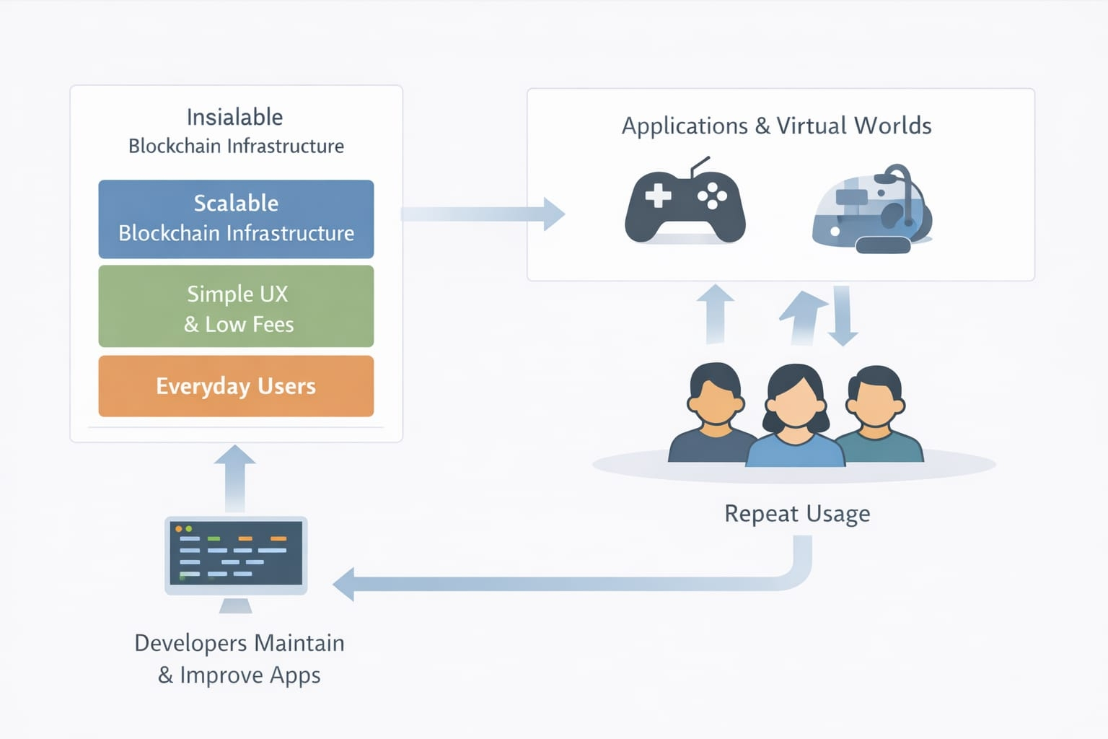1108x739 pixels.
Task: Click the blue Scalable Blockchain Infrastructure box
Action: pyautogui.click(x=236, y=219)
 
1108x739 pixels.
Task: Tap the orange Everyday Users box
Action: pyautogui.click(x=236, y=386)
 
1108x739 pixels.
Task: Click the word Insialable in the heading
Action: pyautogui.click(x=234, y=117)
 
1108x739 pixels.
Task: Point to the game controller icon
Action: pyautogui.click(x=685, y=205)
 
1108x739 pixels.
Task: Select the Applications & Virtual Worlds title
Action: pyautogui.click(x=776, y=126)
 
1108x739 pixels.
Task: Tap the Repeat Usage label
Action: pyautogui.click(x=797, y=514)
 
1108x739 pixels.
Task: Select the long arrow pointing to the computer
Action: pyautogui.click(x=563, y=583)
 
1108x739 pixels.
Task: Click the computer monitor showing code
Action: pyautogui.click(x=236, y=554)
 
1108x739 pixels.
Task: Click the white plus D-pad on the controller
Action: pyautogui.click(x=658, y=195)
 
